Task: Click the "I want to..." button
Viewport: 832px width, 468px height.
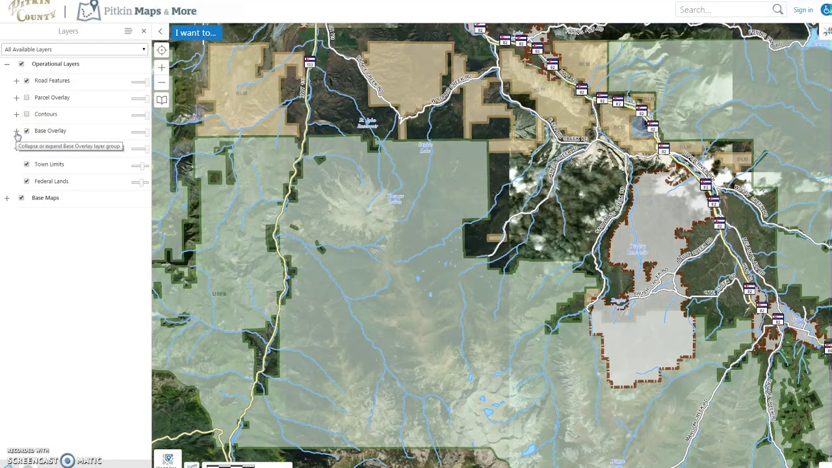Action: (x=195, y=32)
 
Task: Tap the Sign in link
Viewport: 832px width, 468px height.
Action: (x=803, y=10)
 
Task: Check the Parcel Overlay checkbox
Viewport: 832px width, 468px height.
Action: (x=27, y=97)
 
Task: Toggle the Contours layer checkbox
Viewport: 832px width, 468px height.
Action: (x=27, y=114)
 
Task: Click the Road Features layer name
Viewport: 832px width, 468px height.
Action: (x=52, y=81)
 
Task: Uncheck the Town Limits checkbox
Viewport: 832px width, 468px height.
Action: (x=27, y=164)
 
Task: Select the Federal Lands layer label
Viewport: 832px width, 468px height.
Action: (x=51, y=181)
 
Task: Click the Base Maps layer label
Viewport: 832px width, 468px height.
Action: (x=45, y=198)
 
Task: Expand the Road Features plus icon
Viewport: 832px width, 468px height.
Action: (x=16, y=81)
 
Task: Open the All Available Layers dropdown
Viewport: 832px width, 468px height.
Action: (x=75, y=49)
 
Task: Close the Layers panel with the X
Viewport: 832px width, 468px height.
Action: (x=144, y=31)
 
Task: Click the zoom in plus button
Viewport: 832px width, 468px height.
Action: (x=162, y=67)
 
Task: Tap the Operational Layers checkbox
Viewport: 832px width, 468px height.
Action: (x=21, y=64)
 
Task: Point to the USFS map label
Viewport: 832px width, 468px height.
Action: (x=219, y=294)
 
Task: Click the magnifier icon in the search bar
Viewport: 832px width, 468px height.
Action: (x=777, y=10)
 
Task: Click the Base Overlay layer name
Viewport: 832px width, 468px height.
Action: (x=50, y=131)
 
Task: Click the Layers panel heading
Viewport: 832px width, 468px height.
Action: (x=68, y=31)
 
